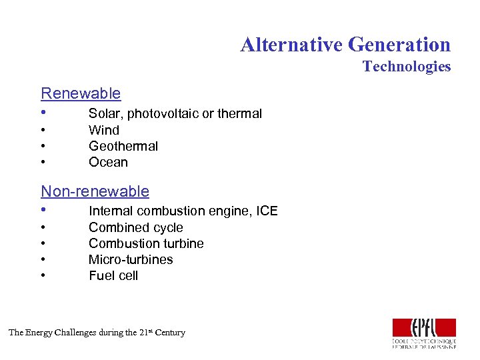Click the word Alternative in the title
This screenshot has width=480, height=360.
tap(291, 45)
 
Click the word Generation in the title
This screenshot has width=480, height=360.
tap(399, 45)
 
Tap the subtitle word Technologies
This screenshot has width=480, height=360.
tap(407, 66)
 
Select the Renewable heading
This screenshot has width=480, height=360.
tap(81, 93)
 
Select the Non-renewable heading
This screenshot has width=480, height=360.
tap(95, 191)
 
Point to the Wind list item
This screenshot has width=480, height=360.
tap(104, 130)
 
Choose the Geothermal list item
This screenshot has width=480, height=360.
tap(123, 146)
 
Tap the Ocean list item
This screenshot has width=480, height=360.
tap(108, 162)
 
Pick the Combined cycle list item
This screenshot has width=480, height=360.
tap(136, 227)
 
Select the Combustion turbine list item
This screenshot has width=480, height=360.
tap(146, 243)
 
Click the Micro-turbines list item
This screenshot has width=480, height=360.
tap(131, 259)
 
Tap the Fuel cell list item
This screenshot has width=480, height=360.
tap(113, 275)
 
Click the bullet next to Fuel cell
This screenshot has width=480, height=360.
tap(43, 275)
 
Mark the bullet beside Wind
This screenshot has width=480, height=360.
tap(43, 130)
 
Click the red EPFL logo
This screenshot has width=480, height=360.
tap(424, 329)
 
